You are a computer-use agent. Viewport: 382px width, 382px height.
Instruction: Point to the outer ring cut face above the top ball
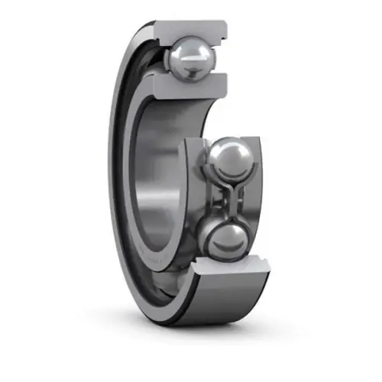point(191,29)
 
